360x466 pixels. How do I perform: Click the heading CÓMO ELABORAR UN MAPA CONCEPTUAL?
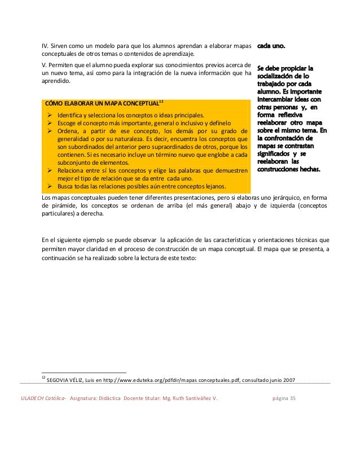coord(102,103)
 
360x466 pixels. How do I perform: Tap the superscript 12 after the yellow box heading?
coord(161,101)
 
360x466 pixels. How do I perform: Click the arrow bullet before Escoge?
coord(49,124)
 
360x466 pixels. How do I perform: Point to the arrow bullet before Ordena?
coord(49,133)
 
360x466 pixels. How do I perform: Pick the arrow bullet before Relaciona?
coord(49,169)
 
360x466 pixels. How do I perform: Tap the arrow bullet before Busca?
coord(49,187)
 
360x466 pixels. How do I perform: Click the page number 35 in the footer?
coord(292,399)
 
